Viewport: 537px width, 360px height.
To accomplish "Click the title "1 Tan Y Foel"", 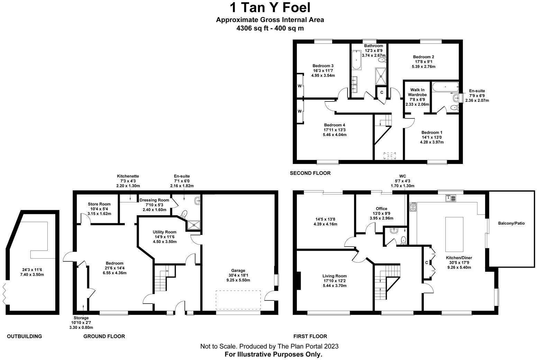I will click(270, 7).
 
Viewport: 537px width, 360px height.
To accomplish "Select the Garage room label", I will click(238, 275).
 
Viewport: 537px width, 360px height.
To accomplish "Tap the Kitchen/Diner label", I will click(459, 262).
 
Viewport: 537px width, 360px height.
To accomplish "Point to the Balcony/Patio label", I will click(511, 223).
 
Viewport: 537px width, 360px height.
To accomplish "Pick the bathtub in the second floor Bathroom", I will click(356, 60).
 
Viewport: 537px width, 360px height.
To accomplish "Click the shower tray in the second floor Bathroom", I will click(382, 76).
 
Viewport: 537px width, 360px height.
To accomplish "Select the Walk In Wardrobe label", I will click(417, 97).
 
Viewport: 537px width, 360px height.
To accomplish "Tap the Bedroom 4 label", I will click(334, 130).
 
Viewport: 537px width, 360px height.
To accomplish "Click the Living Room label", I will click(335, 281).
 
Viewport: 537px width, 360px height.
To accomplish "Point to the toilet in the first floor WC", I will click(403, 240).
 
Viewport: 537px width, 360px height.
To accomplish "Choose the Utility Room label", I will click(165, 237).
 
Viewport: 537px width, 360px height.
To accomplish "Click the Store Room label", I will click(99, 209).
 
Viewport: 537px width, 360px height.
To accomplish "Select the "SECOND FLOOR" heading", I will click(310, 173).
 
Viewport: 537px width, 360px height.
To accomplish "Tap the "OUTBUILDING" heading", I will click(24, 336).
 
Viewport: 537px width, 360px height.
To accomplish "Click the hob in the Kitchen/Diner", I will click(413, 207).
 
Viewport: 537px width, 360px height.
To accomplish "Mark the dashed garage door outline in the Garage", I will click(238, 300).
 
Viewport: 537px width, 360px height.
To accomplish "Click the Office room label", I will click(381, 213).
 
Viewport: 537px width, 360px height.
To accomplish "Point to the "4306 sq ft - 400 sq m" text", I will click(270, 28).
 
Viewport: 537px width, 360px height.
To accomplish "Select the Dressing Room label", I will click(154, 205).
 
